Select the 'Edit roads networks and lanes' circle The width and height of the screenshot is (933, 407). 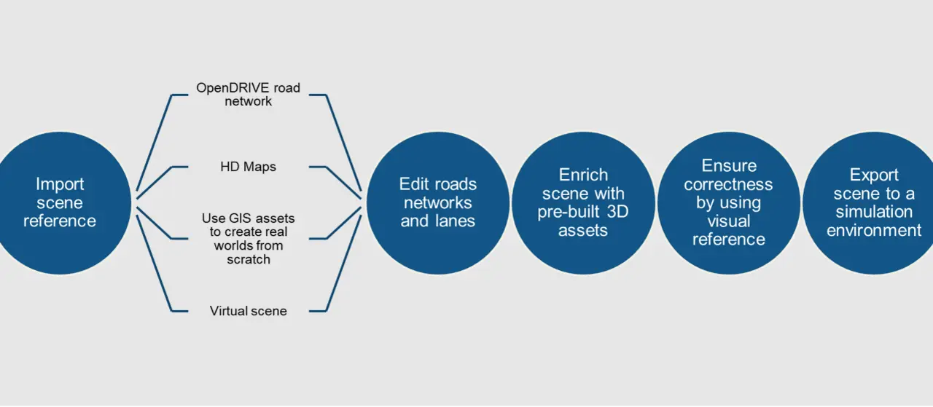coord(438,203)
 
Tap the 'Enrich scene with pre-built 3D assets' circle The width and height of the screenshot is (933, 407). coord(583,203)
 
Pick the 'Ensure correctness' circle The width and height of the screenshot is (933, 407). coord(728,203)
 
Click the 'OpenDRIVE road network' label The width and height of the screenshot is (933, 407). coord(249,95)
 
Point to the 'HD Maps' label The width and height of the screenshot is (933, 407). coord(249,167)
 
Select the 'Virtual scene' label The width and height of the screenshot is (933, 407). coord(249,311)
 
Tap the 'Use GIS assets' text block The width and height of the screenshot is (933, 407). coord(249,239)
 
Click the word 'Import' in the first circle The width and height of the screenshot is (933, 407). coord(60,184)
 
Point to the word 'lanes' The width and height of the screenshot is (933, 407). coord(454,221)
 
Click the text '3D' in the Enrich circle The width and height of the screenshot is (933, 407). coord(617,212)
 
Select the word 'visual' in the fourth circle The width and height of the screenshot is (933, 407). coord(728,221)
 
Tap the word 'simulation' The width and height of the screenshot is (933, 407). coord(874,212)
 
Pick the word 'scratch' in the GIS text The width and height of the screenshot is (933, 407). coord(249,260)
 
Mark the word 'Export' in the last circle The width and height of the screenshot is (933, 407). coord(874,175)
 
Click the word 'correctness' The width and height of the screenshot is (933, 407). coord(728,184)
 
